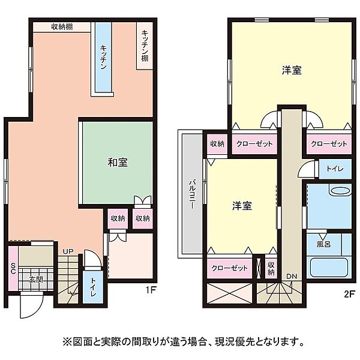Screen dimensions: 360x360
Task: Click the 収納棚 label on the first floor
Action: click(62, 26)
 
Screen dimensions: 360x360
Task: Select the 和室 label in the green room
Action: click(117, 162)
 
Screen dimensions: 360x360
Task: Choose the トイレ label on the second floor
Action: click(335, 169)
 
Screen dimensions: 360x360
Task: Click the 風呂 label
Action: click(323, 244)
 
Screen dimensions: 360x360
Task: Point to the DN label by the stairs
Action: click(291, 277)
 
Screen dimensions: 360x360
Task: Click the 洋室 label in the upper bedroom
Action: click(292, 70)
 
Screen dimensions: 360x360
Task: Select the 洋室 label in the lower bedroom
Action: click(242, 206)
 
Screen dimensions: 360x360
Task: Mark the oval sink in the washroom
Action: click(340, 191)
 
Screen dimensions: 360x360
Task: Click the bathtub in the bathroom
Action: click(329, 268)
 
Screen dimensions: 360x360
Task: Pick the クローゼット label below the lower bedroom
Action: click(230, 269)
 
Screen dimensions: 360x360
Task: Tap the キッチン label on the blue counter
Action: click(103, 58)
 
